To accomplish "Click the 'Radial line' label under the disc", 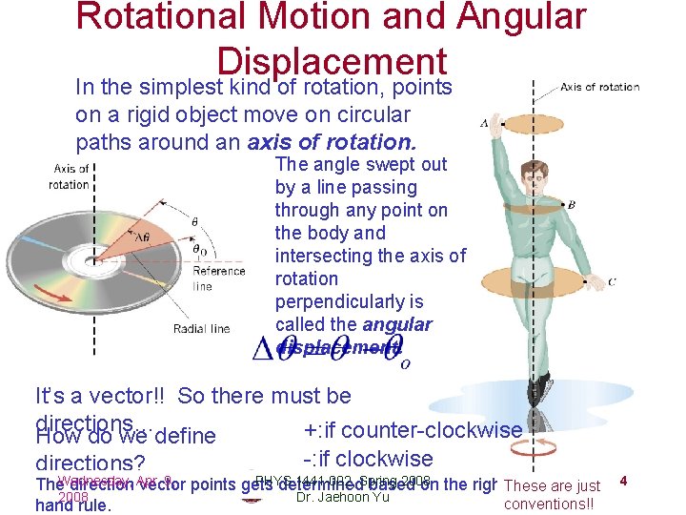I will pos(201,329).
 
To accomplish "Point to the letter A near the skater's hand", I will pos(485,123).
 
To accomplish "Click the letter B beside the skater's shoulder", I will pos(571,204).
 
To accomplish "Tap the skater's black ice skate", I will pos(539,385).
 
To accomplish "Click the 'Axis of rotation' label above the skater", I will pos(599,87).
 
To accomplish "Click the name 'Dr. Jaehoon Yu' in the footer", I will pos(342,496).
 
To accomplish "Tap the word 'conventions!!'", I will pos(548,504).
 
